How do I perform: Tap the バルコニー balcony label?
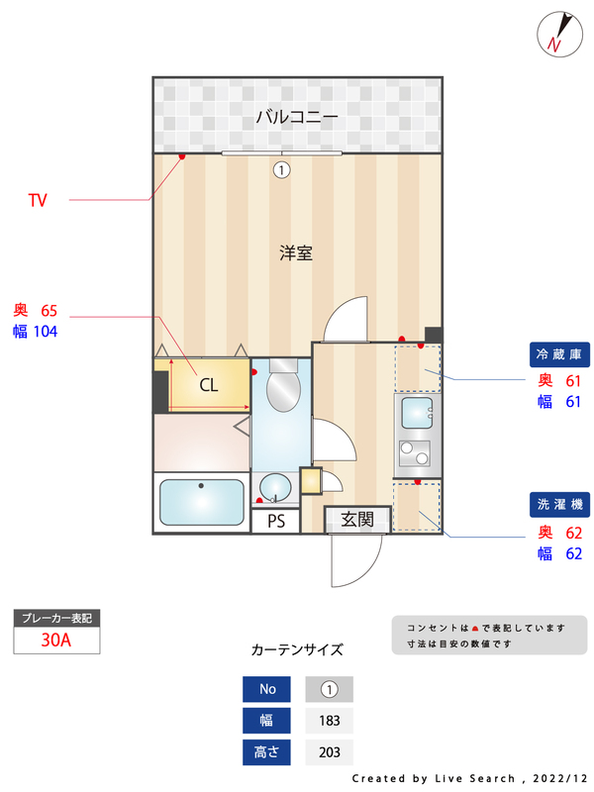[297, 117]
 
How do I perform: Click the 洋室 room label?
[296, 252]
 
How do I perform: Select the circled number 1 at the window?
[282, 169]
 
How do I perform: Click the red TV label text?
[38, 201]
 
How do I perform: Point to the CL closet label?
[208, 385]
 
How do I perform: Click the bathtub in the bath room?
[202, 503]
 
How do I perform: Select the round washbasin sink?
[275, 488]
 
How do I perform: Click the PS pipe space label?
[275, 522]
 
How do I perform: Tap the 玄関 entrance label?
[356, 519]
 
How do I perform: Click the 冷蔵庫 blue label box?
[558, 354]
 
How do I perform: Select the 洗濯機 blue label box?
[558, 505]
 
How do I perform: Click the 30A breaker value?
[56, 640]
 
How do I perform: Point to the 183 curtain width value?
[330, 721]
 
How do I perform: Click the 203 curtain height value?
[330, 752]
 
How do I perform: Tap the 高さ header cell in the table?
[267, 752]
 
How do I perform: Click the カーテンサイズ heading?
[297, 650]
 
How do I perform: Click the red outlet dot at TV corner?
[182, 156]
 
